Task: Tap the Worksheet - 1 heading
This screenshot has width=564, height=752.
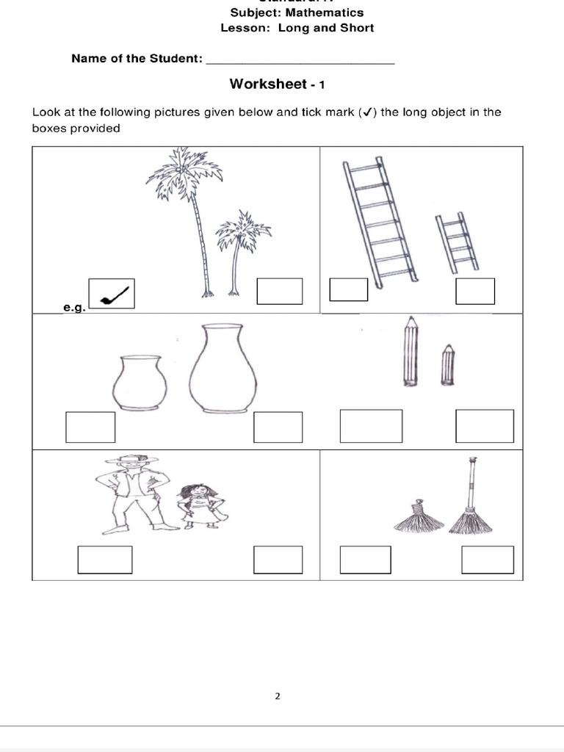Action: pyautogui.click(x=277, y=84)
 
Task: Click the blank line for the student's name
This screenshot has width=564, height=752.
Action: pyautogui.click(x=300, y=59)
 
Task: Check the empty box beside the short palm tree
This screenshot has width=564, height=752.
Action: pyautogui.click(x=279, y=291)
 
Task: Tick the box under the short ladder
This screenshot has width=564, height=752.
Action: pyautogui.click(x=474, y=291)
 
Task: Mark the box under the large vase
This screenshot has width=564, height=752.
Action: pyautogui.click(x=278, y=427)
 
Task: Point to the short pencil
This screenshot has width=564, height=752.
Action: pyautogui.click(x=446, y=364)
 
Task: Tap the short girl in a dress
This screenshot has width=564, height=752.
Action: pyautogui.click(x=197, y=505)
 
